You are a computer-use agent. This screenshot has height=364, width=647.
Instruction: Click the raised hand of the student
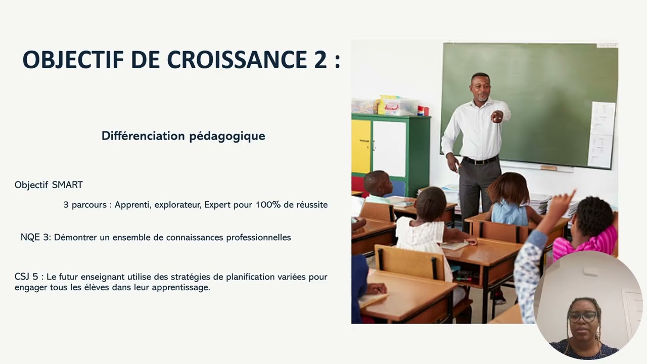(565, 202)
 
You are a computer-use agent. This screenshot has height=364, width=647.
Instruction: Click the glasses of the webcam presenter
(582, 317)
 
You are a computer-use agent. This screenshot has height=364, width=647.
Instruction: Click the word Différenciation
(143, 136)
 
